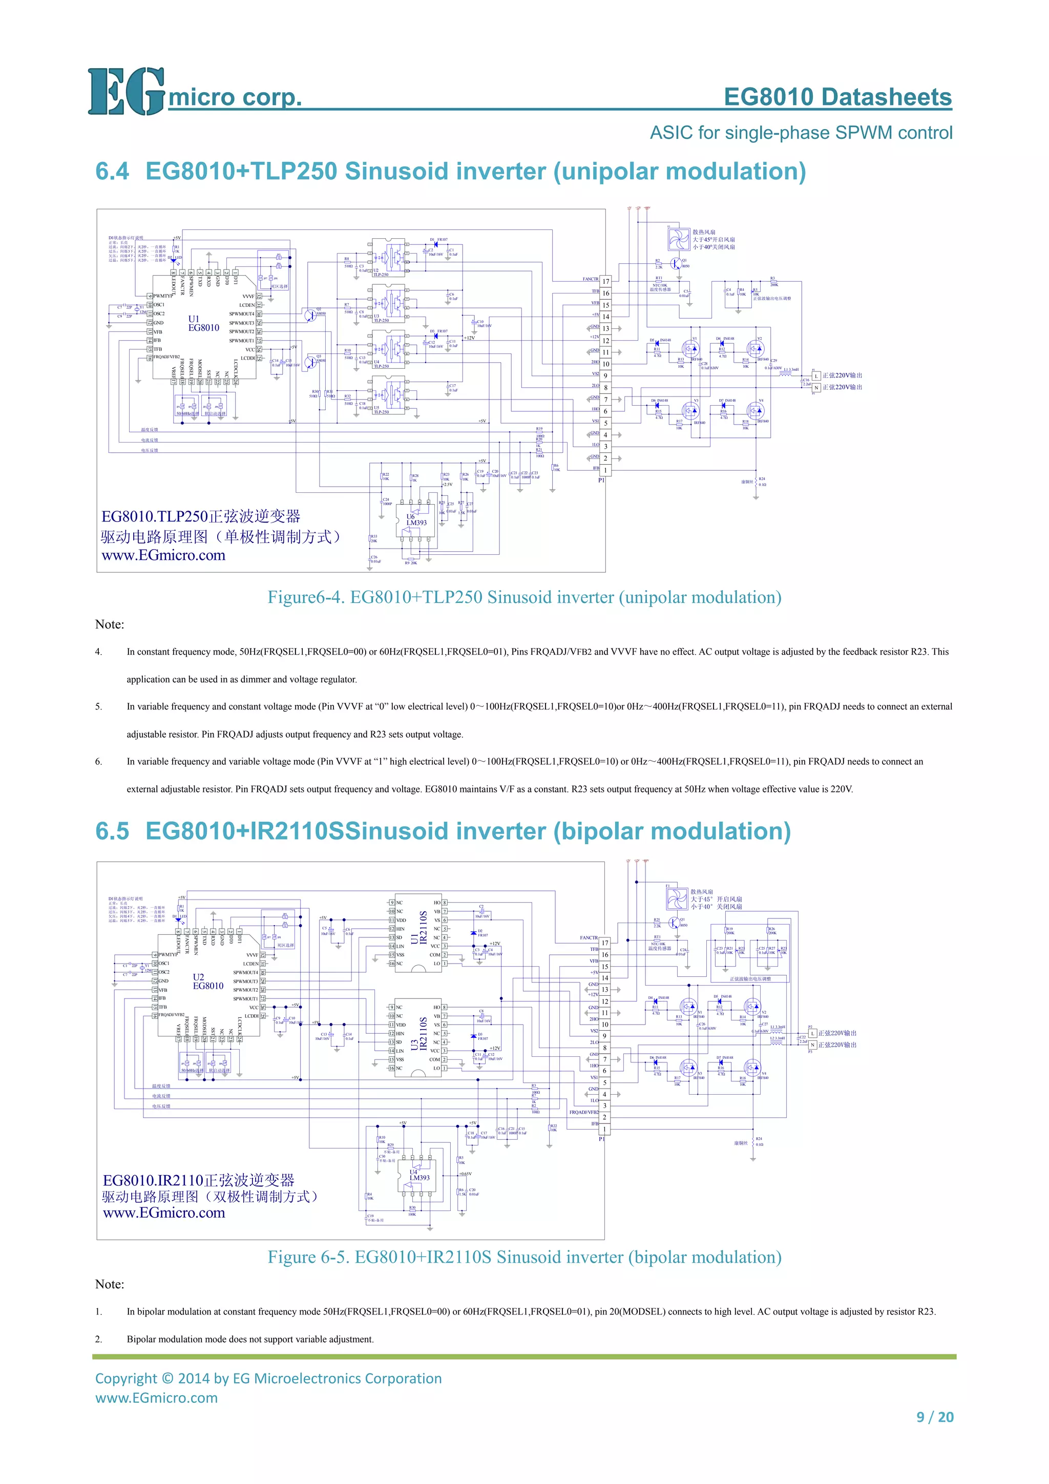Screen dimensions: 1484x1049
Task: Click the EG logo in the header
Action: [x=126, y=92]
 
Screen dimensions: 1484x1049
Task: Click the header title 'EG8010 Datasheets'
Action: [x=837, y=97]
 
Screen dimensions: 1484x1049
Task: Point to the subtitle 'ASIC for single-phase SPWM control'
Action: [x=801, y=133]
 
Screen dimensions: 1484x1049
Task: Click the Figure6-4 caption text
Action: [x=524, y=597]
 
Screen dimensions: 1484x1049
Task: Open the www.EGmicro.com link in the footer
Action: [x=156, y=1397]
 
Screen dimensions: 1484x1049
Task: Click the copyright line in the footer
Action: [x=268, y=1378]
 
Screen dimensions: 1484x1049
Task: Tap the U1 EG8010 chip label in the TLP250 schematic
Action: [x=203, y=323]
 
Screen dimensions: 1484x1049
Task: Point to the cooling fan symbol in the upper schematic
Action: [x=679, y=239]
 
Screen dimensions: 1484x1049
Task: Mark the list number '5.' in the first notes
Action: [x=98, y=706]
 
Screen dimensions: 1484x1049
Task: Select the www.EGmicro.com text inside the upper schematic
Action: [x=163, y=555]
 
